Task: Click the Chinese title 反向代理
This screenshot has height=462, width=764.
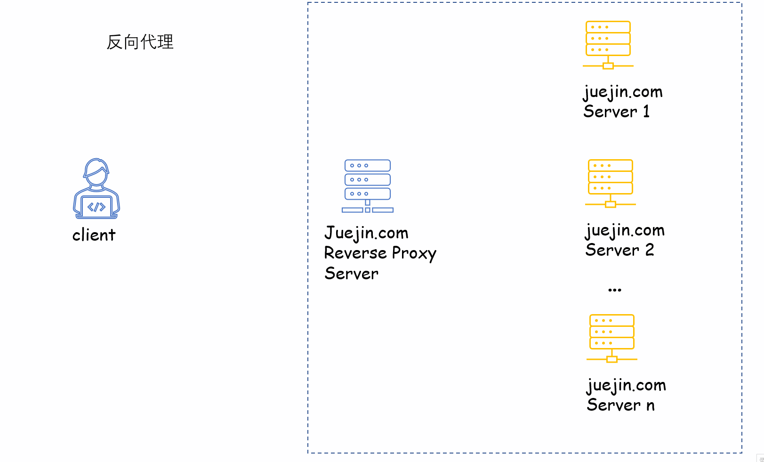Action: (140, 42)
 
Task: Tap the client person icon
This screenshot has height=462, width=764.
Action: (97, 188)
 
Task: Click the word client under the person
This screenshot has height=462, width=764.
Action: (94, 235)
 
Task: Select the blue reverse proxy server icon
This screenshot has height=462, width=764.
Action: (368, 186)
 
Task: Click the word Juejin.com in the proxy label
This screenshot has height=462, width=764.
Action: (366, 233)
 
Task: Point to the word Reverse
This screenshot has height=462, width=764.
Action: (355, 253)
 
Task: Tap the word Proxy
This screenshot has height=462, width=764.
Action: (414, 254)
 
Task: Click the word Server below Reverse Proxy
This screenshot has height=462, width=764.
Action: (351, 274)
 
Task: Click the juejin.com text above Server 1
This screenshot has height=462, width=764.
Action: (623, 92)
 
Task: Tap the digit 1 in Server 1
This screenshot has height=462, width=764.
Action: (646, 112)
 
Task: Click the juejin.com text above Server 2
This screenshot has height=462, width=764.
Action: (625, 230)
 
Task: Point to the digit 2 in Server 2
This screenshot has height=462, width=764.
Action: (650, 250)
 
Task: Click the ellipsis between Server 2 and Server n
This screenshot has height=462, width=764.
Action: (615, 290)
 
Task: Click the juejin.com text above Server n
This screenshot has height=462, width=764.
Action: (626, 385)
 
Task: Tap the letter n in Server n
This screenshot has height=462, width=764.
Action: (651, 405)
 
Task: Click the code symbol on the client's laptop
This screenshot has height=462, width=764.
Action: (97, 207)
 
